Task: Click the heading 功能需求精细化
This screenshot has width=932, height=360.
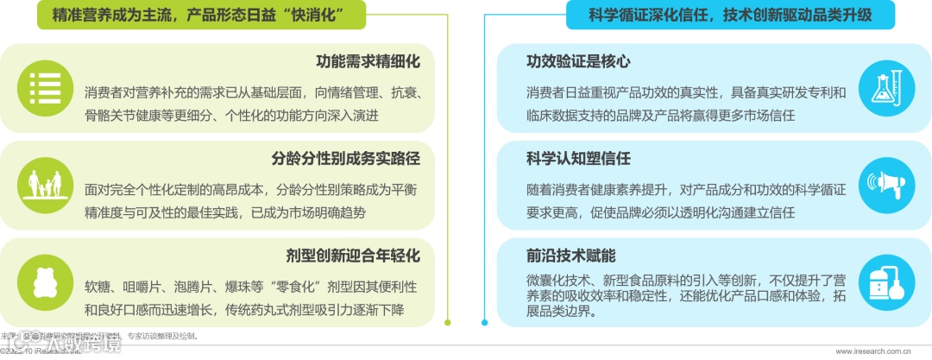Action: [368, 62]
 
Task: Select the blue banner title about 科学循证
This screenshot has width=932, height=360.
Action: [729, 15]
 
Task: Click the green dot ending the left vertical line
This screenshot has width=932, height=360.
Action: [447, 323]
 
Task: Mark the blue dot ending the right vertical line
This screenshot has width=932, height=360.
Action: [484, 323]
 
